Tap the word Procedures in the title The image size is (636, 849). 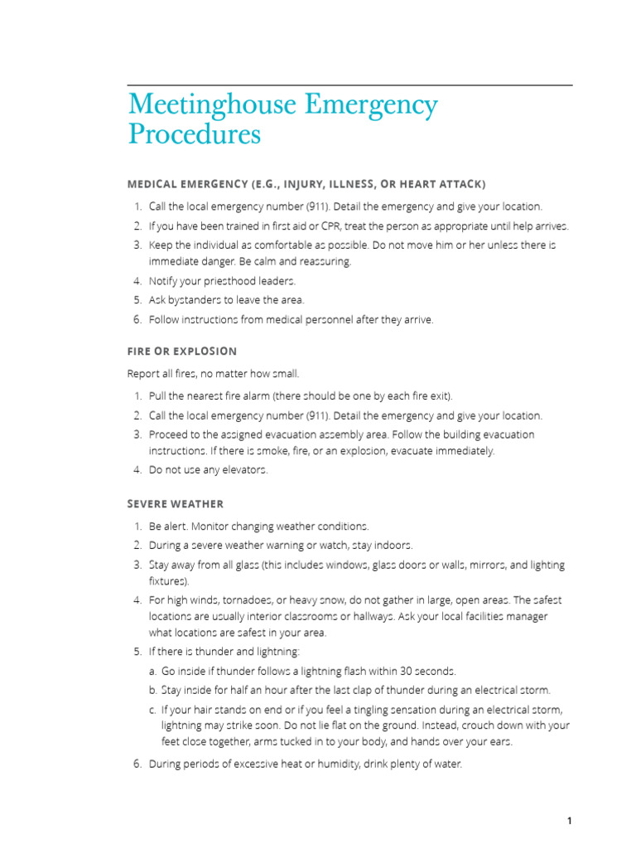click(x=194, y=133)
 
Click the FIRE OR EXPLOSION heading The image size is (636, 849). click(x=182, y=351)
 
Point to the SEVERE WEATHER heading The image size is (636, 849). click(x=176, y=503)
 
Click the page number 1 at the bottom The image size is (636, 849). click(x=569, y=821)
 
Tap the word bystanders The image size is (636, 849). click(x=195, y=300)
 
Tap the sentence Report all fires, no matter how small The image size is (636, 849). click(x=212, y=373)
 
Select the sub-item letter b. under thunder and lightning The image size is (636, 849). click(x=153, y=690)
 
